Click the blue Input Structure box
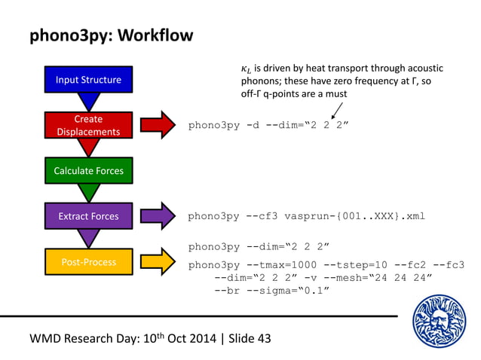(x=88, y=78)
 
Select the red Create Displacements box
(x=88, y=126)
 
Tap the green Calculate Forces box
(x=88, y=171)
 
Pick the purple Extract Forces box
(x=88, y=216)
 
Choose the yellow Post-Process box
(x=88, y=262)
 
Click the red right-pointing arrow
(x=157, y=125)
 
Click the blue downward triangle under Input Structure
(x=89, y=101)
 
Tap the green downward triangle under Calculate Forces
(x=89, y=193)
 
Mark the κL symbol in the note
(x=246, y=70)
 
